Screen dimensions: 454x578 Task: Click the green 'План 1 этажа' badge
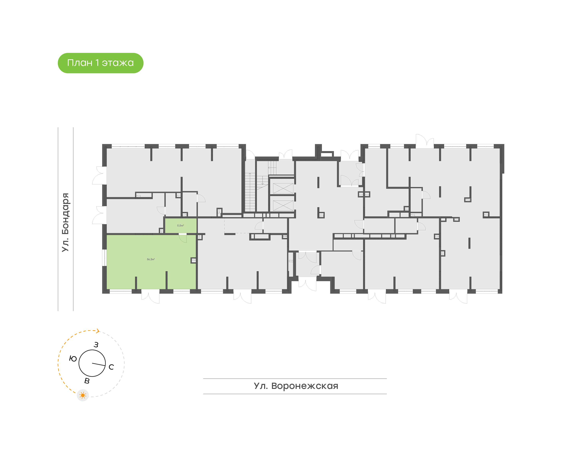click(100, 63)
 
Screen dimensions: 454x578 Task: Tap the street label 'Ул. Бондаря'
click(65, 222)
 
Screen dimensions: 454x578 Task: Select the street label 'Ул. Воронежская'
click(296, 386)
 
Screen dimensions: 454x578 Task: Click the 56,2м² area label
click(151, 259)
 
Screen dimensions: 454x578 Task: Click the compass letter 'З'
click(96, 345)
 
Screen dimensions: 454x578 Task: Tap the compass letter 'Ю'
click(73, 359)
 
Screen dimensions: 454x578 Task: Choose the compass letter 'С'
click(111, 367)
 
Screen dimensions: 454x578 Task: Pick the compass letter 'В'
click(87, 381)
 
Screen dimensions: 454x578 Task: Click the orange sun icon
click(83, 395)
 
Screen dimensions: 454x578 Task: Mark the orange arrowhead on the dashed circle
click(98, 331)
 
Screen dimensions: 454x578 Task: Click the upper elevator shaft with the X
click(283, 188)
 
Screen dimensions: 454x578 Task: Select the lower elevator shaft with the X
click(283, 206)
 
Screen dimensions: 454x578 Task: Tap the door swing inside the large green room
click(183, 238)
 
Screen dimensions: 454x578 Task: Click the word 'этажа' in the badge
click(118, 63)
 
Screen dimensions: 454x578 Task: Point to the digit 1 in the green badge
click(97, 63)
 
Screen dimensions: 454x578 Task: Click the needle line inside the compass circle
click(99, 364)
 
